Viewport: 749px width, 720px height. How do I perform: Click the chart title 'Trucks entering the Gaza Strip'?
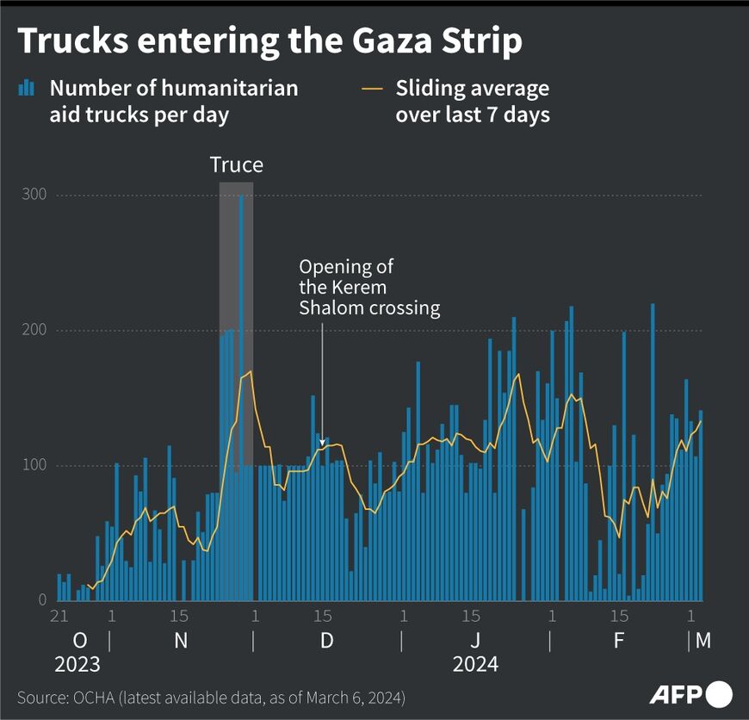click(269, 41)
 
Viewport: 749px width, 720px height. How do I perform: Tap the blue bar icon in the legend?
click(27, 88)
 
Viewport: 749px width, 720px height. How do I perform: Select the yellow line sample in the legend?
click(372, 88)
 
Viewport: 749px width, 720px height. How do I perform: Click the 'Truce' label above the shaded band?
click(237, 164)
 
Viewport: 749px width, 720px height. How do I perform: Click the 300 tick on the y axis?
click(34, 196)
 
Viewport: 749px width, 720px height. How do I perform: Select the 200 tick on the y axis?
click(34, 331)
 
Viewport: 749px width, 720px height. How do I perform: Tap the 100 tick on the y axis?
click(34, 466)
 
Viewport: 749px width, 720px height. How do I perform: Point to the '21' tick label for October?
click(59, 617)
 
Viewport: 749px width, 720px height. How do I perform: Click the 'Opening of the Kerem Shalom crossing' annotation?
click(369, 288)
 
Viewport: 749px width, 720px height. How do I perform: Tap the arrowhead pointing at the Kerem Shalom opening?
click(322, 444)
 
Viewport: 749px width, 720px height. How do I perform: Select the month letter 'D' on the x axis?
click(327, 642)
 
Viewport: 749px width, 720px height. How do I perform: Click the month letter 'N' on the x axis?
click(181, 642)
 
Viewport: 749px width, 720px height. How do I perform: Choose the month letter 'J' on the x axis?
click(475, 642)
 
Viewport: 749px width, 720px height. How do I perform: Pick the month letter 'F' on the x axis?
click(619, 642)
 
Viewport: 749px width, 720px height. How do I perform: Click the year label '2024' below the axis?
click(475, 666)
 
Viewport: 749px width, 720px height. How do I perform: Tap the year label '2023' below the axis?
click(77, 666)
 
